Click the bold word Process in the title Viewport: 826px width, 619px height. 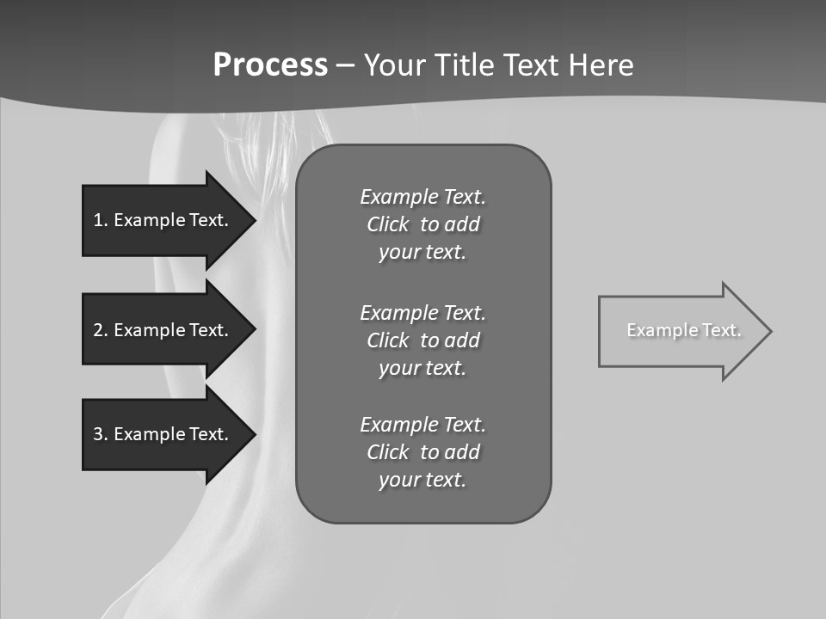point(270,65)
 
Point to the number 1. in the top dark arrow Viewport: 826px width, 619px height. point(101,220)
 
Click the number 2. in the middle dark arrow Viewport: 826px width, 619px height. point(101,330)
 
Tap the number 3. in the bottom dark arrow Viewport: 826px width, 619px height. point(101,434)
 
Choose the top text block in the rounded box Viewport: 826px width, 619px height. point(422,224)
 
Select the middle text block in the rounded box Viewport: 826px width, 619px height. point(422,340)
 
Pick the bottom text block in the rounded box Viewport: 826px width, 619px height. point(422,452)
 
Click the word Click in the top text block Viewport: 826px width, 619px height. point(387,224)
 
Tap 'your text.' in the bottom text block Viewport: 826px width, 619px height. point(422,480)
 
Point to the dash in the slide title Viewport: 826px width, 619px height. point(345,66)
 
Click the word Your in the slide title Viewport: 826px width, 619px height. point(393,65)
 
